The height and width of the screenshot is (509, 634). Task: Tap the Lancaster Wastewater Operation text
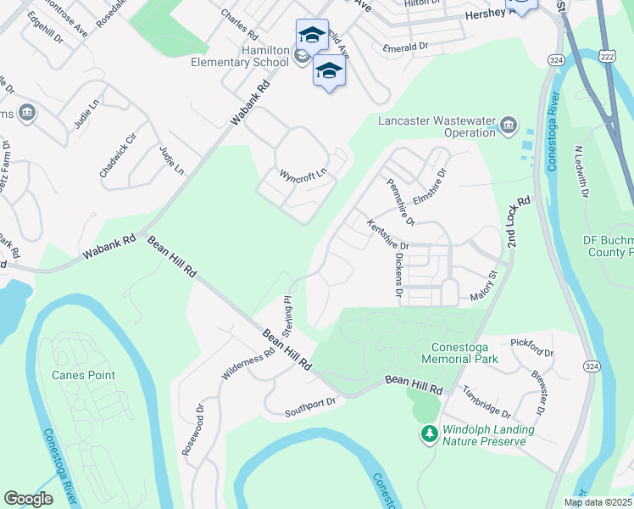click(435, 126)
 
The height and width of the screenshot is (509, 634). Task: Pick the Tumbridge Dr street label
click(487, 402)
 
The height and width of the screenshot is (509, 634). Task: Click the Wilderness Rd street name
click(247, 363)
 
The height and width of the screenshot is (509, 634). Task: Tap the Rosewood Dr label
click(193, 429)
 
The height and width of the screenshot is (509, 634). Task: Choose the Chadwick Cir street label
click(118, 155)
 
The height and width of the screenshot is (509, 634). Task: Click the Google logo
click(28, 499)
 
